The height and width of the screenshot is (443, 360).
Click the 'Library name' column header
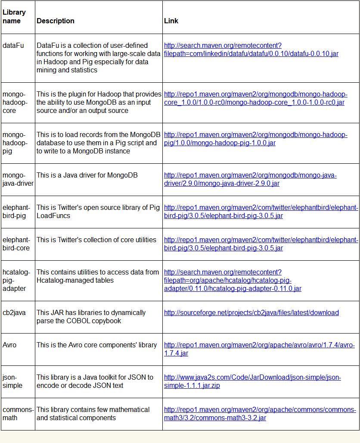pos(14,16)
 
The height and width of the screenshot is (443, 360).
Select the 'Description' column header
pos(56,21)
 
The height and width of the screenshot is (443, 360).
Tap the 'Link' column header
pos(171,21)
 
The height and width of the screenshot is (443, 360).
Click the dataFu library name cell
pos(13,45)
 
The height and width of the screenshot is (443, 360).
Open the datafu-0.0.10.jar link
pos(251,53)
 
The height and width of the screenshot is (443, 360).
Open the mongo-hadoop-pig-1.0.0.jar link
pos(255,139)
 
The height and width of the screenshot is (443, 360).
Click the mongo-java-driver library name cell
pos(18,179)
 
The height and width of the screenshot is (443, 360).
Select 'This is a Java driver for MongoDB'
pos(87,175)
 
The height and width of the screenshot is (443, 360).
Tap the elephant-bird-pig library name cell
pos(16,211)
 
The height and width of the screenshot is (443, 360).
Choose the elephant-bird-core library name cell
pos(16,243)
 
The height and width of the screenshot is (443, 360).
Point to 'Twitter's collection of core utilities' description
pos(96,240)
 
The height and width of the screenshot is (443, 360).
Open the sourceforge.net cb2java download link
pos(251,312)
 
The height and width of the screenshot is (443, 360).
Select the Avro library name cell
pos(9,345)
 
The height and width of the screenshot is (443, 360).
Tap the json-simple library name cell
pos(12,381)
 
